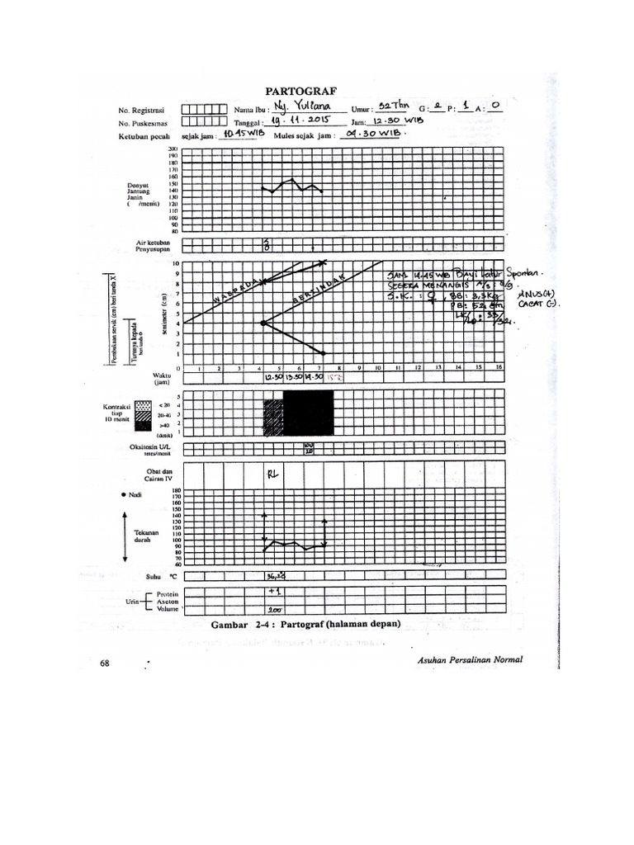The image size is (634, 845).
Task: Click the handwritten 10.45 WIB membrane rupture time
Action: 232,136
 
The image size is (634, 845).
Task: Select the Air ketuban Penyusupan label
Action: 153,246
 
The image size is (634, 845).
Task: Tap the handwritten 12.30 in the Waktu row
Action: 272,377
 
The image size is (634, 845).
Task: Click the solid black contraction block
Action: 307,412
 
